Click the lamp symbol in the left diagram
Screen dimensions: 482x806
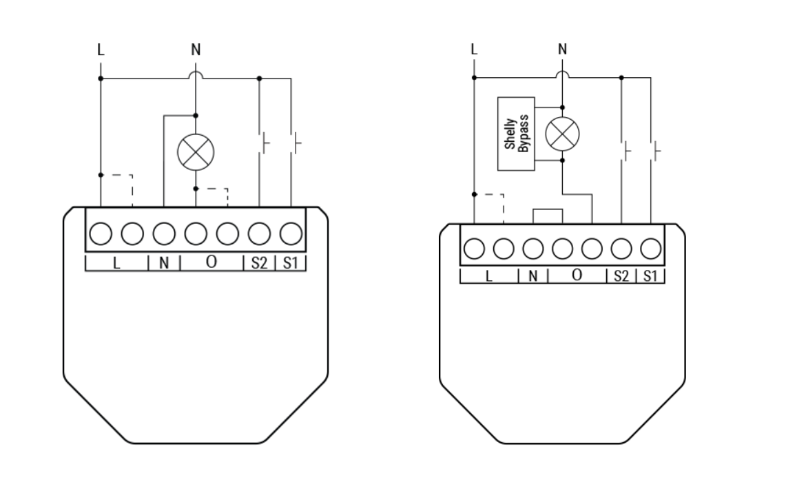tap(196, 151)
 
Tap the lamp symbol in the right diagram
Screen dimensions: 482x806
tap(562, 134)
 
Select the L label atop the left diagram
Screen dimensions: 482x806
tap(101, 50)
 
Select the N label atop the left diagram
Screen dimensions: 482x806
tap(196, 50)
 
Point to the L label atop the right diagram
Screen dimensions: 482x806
tap(473, 49)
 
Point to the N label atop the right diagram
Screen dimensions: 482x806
tap(562, 49)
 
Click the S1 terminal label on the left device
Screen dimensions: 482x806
tap(290, 263)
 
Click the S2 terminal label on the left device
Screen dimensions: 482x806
tap(258, 263)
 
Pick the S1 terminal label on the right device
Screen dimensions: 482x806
tap(650, 276)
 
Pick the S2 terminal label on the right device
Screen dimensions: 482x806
tap(621, 276)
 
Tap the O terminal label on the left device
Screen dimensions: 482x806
tap(211, 262)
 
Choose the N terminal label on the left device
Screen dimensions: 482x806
tap(164, 263)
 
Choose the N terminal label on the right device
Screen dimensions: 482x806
tap(533, 276)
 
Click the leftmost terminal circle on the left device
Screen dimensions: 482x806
tap(101, 235)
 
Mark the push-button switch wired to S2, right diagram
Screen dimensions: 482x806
tap(626, 150)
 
